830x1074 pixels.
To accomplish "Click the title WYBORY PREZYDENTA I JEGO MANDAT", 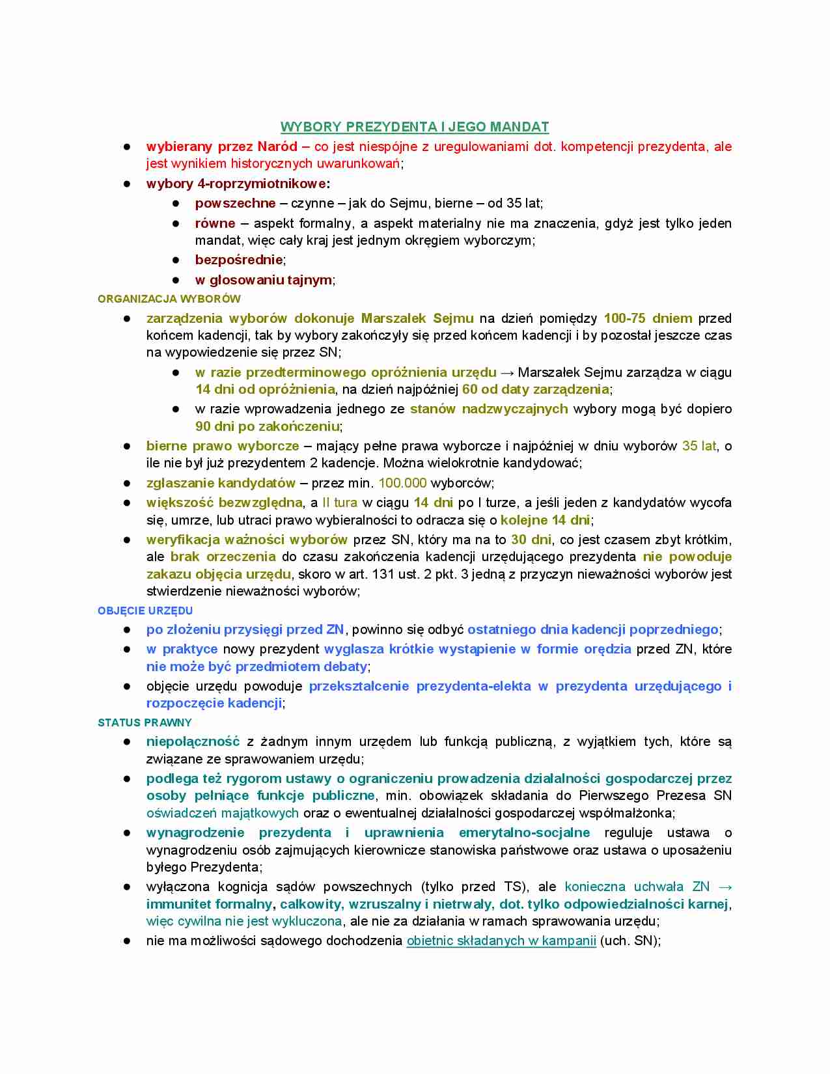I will (415, 127).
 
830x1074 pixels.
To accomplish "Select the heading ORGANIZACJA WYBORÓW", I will (169, 299).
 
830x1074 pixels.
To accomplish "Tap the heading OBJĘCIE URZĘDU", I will (145, 611).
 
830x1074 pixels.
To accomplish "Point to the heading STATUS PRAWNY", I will (145, 723).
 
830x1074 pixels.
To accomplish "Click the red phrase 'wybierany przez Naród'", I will (222, 146).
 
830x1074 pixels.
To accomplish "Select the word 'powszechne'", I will (236, 203).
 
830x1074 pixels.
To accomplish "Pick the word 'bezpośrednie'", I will (239, 260).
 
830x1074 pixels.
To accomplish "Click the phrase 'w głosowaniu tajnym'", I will (264, 280).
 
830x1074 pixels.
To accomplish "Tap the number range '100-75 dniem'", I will (648, 318).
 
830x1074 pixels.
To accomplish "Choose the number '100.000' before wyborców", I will (402, 483).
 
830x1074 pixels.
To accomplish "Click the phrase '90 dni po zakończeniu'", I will (268, 426).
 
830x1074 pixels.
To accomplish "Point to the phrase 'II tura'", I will (340, 503).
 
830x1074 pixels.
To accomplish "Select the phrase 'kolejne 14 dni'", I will (545, 520).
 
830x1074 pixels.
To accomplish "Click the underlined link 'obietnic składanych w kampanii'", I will (501, 941).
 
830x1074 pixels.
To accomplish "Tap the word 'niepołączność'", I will (193, 741).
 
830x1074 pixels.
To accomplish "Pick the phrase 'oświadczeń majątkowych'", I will (223, 813).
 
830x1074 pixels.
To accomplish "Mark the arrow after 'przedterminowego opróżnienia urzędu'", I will (507, 372).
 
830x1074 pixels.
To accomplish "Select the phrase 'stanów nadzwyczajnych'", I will (489, 409).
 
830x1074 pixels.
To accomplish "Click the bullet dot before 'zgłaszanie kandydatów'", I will (128, 483).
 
